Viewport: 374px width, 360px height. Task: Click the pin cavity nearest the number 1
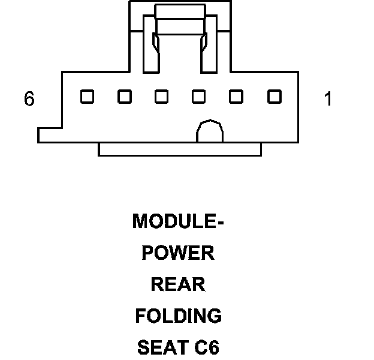click(x=275, y=97)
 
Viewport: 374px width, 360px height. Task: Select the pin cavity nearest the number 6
click(x=88, y=97)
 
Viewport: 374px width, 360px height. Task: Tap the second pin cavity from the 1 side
click(x=236, y=97)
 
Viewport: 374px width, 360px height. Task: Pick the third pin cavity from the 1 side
click(x=199, y=97)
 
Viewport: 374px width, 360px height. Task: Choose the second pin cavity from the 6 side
click(x=125, y=97)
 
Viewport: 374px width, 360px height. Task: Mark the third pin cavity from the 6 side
click(x=161, y=97)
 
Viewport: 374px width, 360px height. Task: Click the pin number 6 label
click(x=29, y=98)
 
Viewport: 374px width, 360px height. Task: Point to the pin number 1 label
click(x=328, y=98)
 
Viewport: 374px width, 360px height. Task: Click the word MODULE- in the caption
click(x=178, y=221)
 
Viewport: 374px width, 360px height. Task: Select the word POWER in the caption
click(x=178, y=253)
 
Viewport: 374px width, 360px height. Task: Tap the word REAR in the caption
click(x=178, y=284)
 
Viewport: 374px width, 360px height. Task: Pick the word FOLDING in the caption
click(x=179, y=316)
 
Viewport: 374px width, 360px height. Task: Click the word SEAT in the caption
click(x=163, y=347)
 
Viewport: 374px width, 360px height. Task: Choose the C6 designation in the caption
click(x=207, y=347)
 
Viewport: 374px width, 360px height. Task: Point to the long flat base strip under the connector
click(x=180, y=149)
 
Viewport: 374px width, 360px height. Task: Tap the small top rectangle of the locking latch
click(x=180, y=11)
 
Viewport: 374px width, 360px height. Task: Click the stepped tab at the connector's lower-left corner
click(x=50, y=136)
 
